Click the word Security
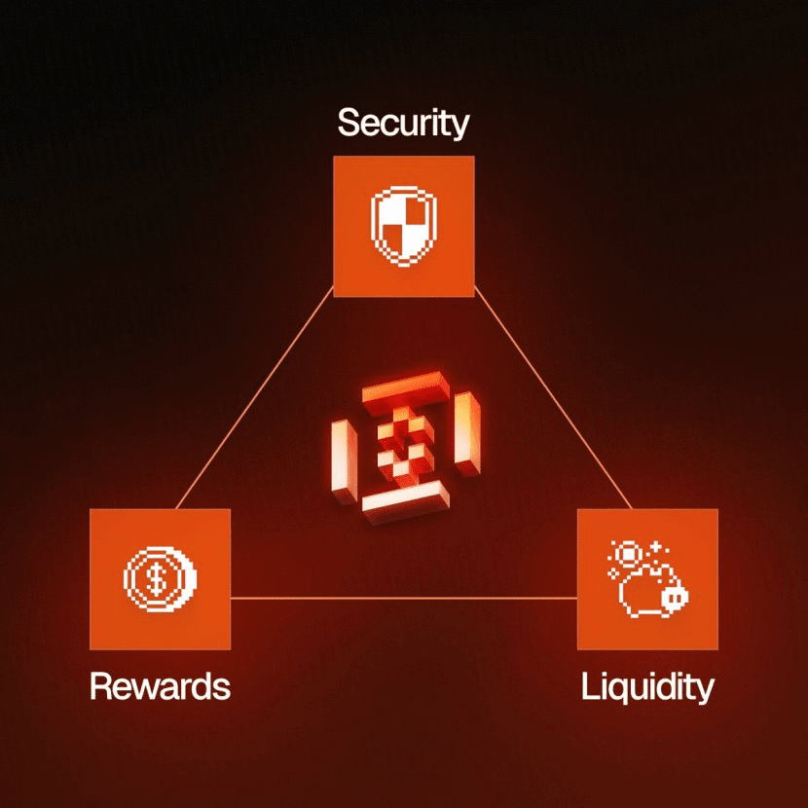pyautogui.click(x=403, y=124)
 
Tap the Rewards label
pyautogui.click(x=160, y=686)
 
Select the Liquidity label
pyautogui.click(x=647, y=686)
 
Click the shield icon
pyautogui.click(x=404, y=227)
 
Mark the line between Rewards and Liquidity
pyautogui.click(x=403, y=598)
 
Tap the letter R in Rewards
pyautogui.click(x=99, y=686)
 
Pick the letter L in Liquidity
pyautogui.click(x=588, y=686)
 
